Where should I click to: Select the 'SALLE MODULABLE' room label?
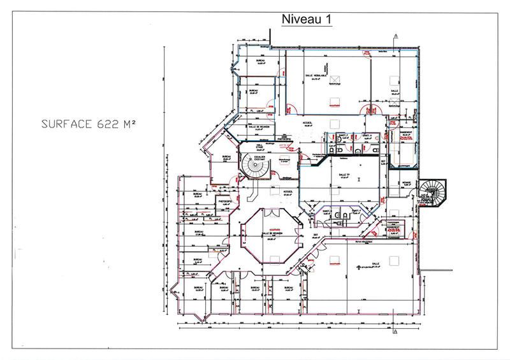[316, 75]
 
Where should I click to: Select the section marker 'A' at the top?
[396, 36]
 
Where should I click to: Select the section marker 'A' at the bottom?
[396, 332]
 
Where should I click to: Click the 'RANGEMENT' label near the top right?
[405, 133]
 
